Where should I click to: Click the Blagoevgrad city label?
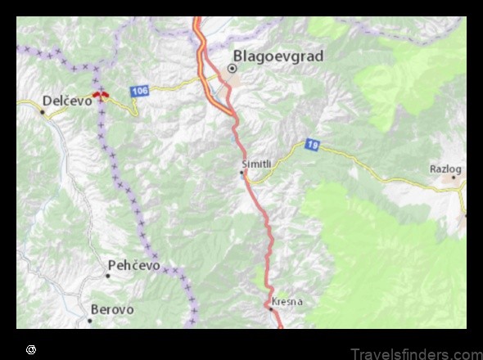(x=278, y=56)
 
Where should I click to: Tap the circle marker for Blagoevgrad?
(x=232, y=70)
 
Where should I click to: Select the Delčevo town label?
(x=67, y=101)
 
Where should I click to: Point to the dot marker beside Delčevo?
(x=42, y=110)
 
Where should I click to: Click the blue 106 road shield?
(x=139, y=90)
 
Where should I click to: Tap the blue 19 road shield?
(x=311, y=145)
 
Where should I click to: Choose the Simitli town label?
(x=255, y=163)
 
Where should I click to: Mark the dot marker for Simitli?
(x=241, y=173)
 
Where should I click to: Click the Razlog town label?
(x=445, y=169)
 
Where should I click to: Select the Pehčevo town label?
(x=134, y=266)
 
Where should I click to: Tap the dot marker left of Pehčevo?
(x=107, y=275)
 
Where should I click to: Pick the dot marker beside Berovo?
(x=90, y=320)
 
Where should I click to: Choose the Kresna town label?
(x=287, y=301)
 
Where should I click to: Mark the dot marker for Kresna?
(x=271, y=308)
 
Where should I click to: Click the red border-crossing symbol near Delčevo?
(x=102, y=96)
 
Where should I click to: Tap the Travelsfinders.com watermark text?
(x=417, y=353)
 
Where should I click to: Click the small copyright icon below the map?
(x=31, y=349)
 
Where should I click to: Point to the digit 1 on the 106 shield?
(x=134, y=90)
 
